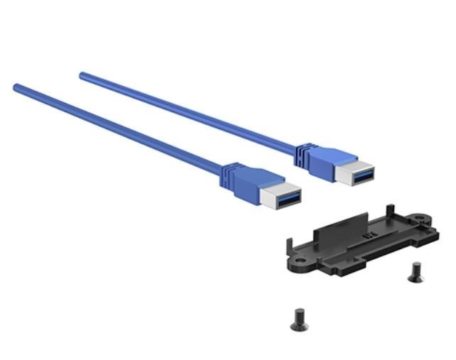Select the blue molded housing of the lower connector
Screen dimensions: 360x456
click(249, 183)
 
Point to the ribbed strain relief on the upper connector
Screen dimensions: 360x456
click(301, 148)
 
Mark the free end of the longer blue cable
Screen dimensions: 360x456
click(16, 87)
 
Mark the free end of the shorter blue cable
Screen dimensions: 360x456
click(82, 74)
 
